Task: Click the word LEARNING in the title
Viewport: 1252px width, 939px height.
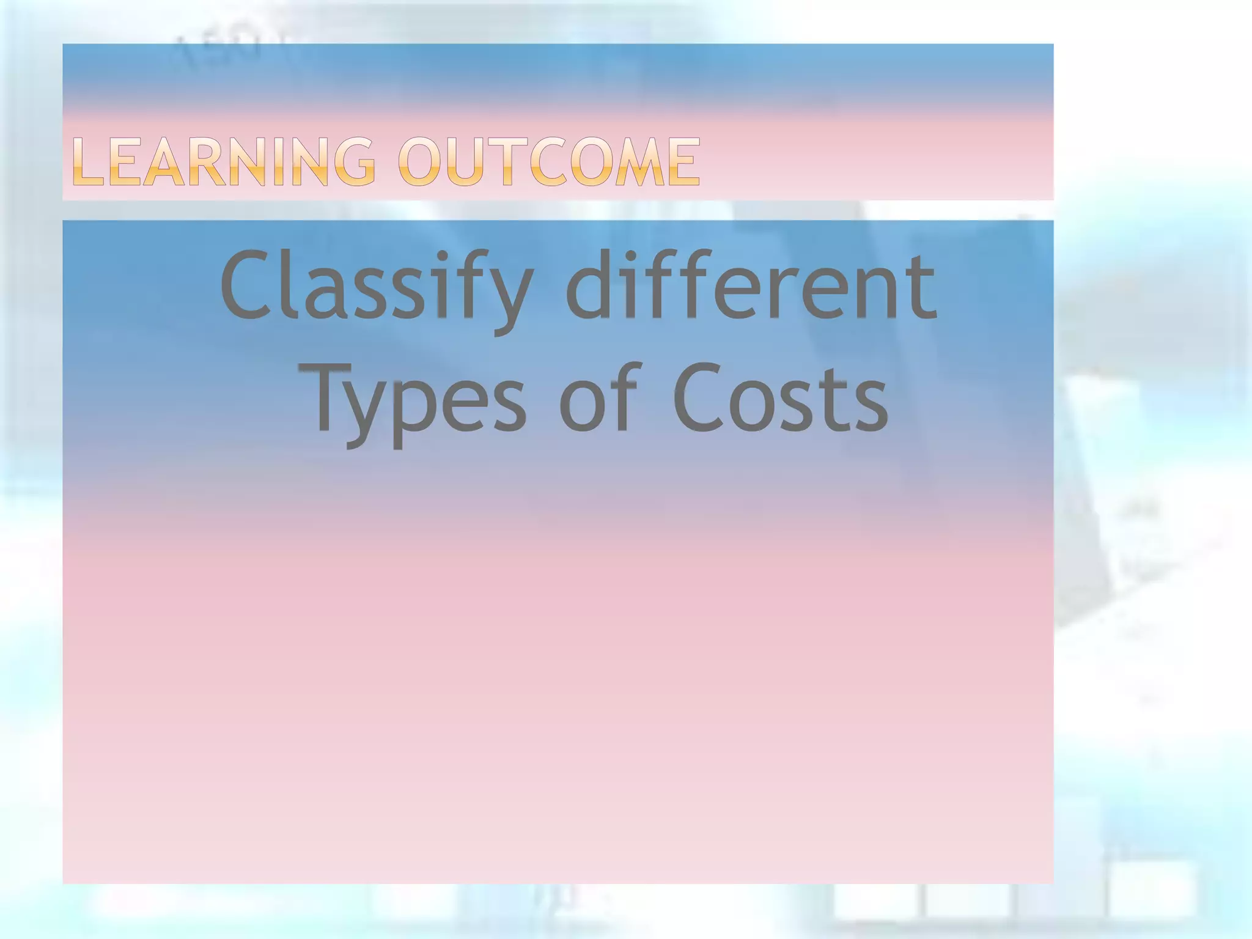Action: (224, 161)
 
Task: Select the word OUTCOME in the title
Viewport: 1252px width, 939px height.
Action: (549, 161)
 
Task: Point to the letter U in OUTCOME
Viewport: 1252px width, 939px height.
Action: (462, 162)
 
